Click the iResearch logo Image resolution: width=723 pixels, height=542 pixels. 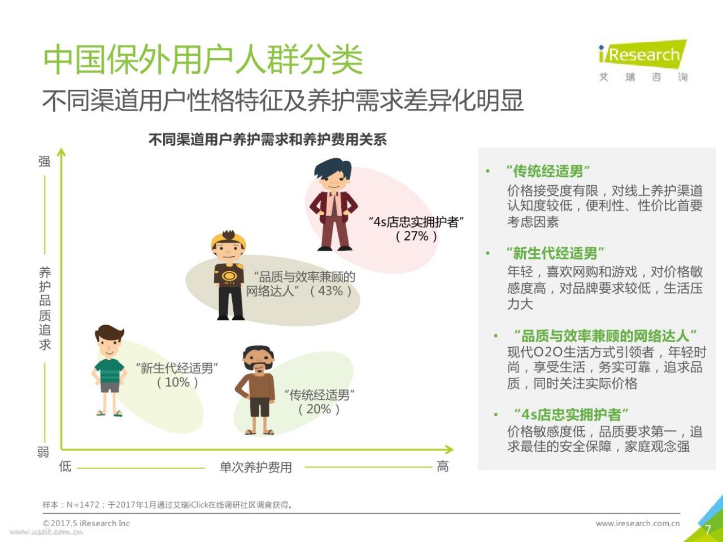click(x=643, y=60)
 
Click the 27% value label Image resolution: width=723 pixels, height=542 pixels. click(x=416, y=237)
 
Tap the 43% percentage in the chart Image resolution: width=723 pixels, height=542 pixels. click(x=331, y=291)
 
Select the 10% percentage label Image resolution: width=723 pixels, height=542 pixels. click(x=177, y=382)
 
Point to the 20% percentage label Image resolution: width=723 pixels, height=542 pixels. click(x=319, y=409)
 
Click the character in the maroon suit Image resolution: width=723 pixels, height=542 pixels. click(x=333, y=204)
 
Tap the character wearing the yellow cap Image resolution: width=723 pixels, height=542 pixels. click(x=229, y=275)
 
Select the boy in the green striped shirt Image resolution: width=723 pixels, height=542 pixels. click(x=110, y=370)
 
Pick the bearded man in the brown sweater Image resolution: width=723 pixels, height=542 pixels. click(x=256, y=390)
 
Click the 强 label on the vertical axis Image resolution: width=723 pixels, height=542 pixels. click(x=45, y=161)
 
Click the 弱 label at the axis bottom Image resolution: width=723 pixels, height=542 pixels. click(x=43, y=452)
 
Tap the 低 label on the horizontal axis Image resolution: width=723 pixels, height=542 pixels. click(x=65, y=466)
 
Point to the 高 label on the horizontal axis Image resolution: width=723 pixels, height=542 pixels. click(x=442, y=466)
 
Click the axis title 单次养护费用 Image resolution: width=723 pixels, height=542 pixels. click(x=256, y=467)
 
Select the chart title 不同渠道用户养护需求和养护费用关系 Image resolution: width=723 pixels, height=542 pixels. click(x=268, y=139)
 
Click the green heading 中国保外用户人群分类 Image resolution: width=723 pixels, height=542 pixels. click(x=203, y=59)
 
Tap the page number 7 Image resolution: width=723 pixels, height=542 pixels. click(x=708, y=530)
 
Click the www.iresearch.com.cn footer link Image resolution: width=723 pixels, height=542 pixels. click(x=638, y=523)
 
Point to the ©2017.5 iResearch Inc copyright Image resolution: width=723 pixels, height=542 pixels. click(x=86, y=523)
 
